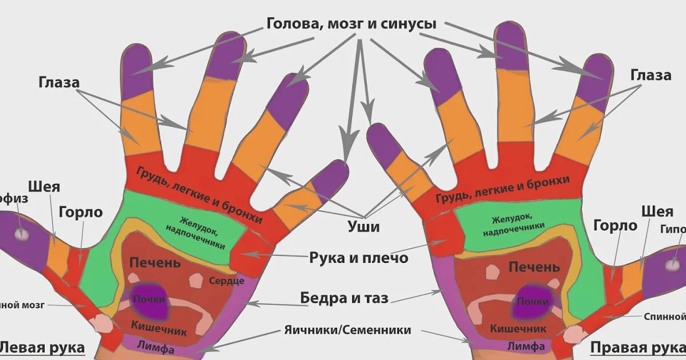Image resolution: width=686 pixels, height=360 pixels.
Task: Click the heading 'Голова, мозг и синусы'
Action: pos(351,24)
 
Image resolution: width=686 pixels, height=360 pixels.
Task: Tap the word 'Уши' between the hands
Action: pos(364,227)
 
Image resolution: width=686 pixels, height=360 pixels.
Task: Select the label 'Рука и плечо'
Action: pos(359,258)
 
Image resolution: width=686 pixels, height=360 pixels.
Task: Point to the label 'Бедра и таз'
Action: pos(344,298)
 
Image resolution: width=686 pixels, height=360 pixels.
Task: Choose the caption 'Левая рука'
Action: pos(41,347)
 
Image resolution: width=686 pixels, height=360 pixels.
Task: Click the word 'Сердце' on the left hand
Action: pos(226,281)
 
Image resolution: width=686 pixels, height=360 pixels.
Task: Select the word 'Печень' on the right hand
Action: pos(534,267)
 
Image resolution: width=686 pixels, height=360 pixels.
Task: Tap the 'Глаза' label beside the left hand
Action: pos(59,82)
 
